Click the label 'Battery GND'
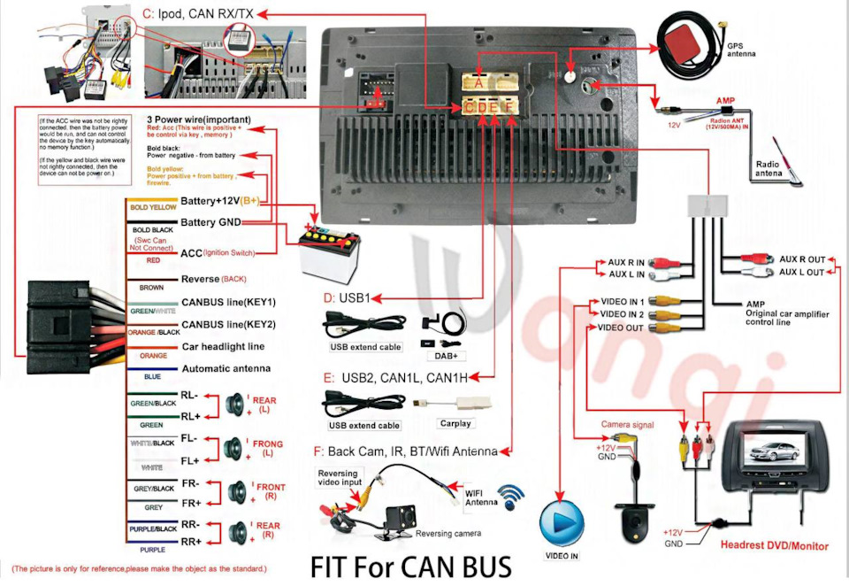pos(218,221)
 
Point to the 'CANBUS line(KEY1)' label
pos(228,302)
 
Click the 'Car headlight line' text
pos(222,346)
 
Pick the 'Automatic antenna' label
pos(226,368)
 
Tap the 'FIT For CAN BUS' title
pos(410,566)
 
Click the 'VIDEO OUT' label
pos(621,328)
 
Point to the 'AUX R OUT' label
pos(801,259)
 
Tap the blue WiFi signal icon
pos(510,497)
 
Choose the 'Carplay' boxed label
pos(455,423)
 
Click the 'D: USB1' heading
pos(347,297)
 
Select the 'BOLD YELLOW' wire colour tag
pos(153,208)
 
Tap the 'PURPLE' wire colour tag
pos(151,549)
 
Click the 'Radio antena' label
pos(769,168)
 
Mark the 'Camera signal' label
pos(627,425)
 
